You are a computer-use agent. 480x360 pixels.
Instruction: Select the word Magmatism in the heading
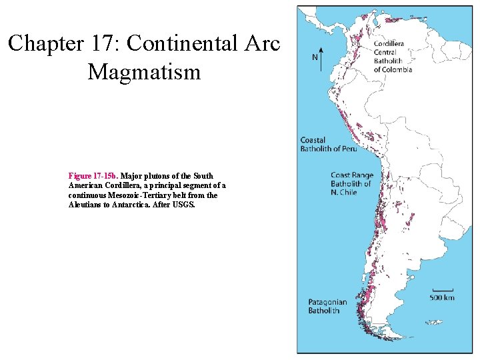(144, 71)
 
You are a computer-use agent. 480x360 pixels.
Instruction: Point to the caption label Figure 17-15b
(93, 176)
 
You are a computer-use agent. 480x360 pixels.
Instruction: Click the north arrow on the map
(321, 58)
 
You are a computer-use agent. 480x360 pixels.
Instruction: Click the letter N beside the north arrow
(315, 58)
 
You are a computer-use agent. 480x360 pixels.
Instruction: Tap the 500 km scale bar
(441, 291)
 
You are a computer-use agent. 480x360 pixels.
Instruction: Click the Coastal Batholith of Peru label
(329, 144)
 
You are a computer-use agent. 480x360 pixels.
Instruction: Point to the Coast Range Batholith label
(352, 183)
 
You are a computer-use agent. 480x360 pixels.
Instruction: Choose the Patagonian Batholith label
(327, 306)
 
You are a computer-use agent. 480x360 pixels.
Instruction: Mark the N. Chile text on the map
(344, 192)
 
